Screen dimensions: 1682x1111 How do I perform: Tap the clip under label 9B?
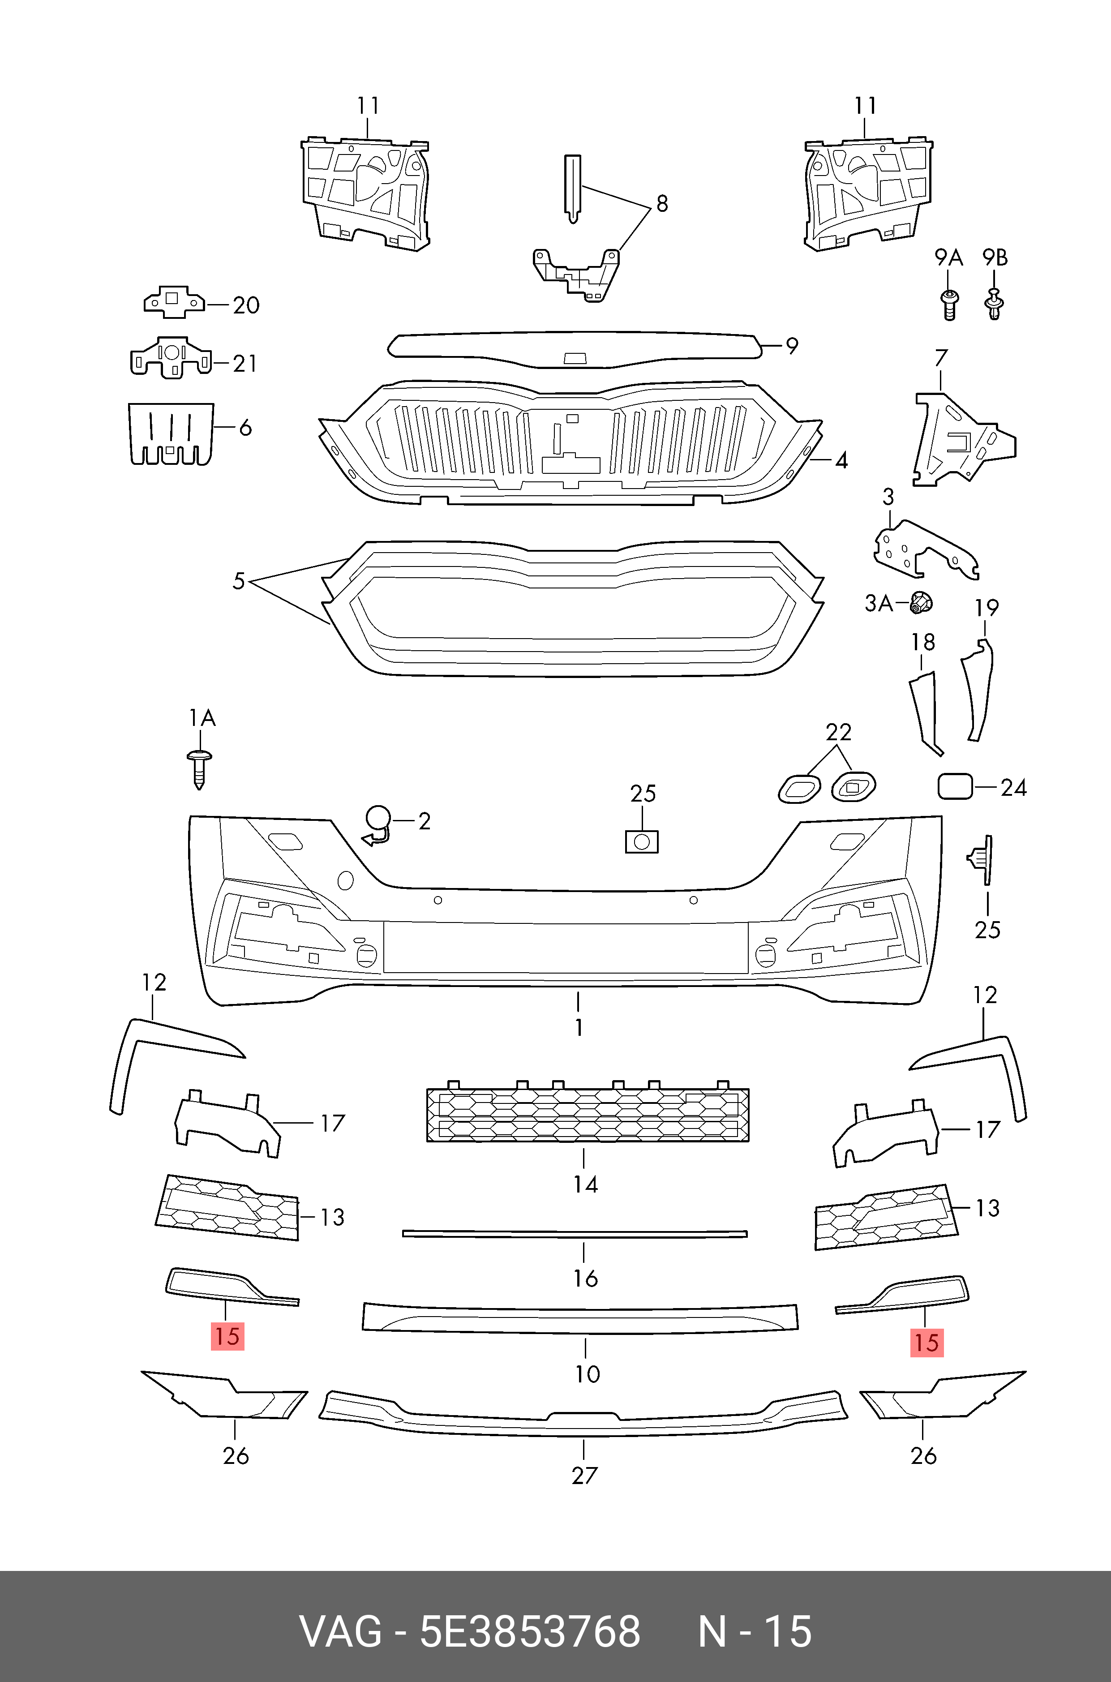(x=995, y=305)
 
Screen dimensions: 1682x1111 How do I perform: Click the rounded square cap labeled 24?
(x=954, y=786)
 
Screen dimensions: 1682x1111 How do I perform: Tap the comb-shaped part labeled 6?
(x=171, y=433)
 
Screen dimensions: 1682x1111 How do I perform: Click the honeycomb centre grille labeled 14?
(x=588, y=1115)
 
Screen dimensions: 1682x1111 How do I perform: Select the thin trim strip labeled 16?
(x=575, y=1234)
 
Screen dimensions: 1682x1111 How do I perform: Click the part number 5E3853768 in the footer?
(x=530, y=1631)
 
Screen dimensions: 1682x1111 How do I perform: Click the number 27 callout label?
(x=584, y=1475)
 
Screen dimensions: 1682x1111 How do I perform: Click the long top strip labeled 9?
(x=574, y=348)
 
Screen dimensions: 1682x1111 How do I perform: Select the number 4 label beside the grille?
(x=841, y=460)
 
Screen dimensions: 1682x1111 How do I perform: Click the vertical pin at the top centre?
(x=572, y=188)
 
